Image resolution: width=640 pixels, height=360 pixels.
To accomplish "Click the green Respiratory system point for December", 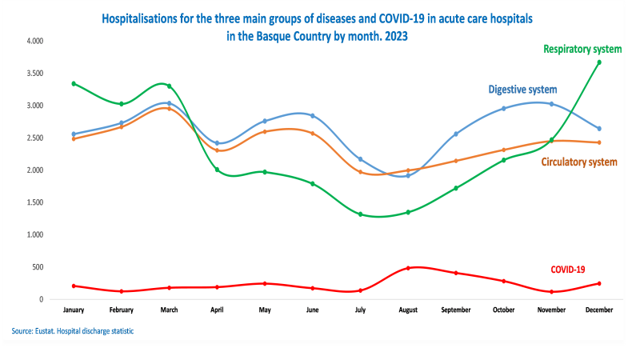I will [x=598, y=62].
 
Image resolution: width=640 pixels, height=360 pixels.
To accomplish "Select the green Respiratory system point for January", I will [x=74, y=83].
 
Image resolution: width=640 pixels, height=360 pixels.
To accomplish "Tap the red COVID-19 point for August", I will [x=408, y=268].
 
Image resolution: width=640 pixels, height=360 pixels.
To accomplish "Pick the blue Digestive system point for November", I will [x=551, y=104].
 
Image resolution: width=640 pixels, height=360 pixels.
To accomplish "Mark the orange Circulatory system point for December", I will [x=598, y=142].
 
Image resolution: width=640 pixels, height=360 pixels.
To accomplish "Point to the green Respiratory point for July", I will [x=360, y=214].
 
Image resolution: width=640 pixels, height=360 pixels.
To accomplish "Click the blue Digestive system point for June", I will [x=313, y=116].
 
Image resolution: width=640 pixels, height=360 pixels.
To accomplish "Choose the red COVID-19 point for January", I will [x=74, y=286].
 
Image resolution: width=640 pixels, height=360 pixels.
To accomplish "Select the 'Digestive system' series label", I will [x=522, y=89].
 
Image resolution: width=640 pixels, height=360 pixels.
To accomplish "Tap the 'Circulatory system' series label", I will [x=579, y=162].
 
